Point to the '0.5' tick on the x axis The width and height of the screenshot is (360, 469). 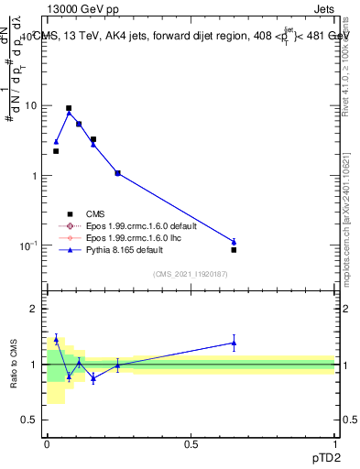pos(191,442)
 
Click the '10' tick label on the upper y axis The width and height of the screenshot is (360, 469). pos(31,105)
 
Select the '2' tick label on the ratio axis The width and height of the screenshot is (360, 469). pos(36,309)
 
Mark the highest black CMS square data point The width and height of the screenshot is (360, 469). pos(69,108)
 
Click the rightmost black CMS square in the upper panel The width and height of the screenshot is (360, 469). pos(234,250)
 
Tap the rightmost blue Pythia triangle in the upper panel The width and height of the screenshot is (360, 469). pos(234,242)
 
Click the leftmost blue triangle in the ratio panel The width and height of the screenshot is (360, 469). pos(56,339)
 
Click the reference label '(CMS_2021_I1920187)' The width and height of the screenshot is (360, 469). pos(191,273)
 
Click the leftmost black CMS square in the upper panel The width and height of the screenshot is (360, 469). pos(56,151)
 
